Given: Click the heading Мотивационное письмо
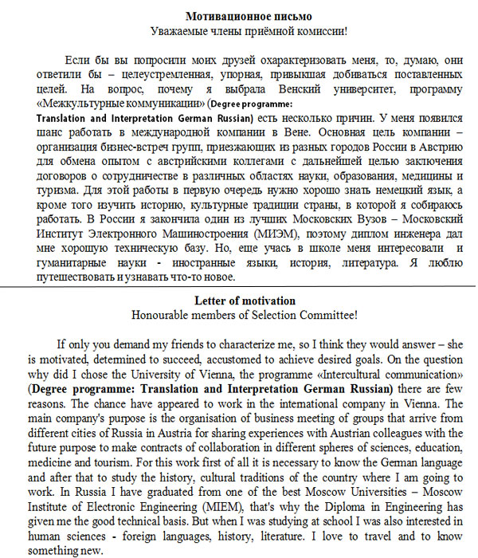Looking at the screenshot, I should coord(249,16).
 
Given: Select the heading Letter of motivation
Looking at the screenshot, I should coord(245,301).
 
